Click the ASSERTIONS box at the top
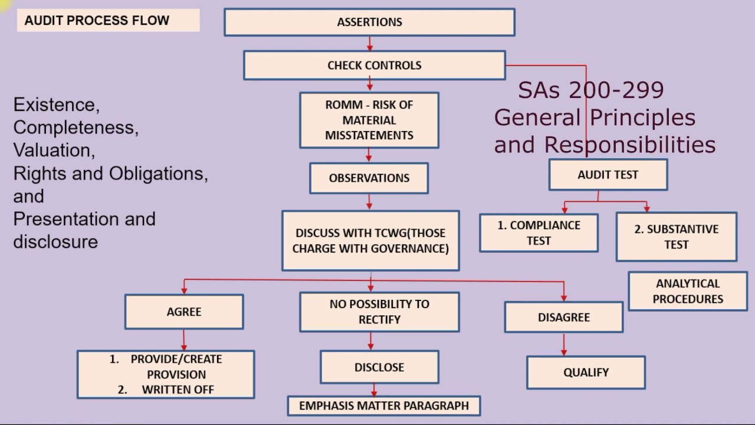point(369,22)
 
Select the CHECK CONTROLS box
point(374,65)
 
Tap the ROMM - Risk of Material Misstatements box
point(369,120)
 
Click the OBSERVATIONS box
point(369,178)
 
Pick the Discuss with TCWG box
point(370,240)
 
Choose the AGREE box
point(184,312)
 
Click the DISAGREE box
point(563,317)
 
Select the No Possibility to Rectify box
point(379,312)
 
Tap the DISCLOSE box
point(379,367)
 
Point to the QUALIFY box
point(586,372)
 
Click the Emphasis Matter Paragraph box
point(383,406)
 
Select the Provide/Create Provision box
point(166,374)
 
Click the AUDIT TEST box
point(608,175)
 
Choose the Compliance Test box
point(539,233)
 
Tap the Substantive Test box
point(676,237)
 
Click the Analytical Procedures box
point(687,291)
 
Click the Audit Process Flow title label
point(97,21)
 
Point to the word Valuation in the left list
point(53,150)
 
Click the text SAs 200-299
point(590,90)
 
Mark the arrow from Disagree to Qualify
point(564,344)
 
